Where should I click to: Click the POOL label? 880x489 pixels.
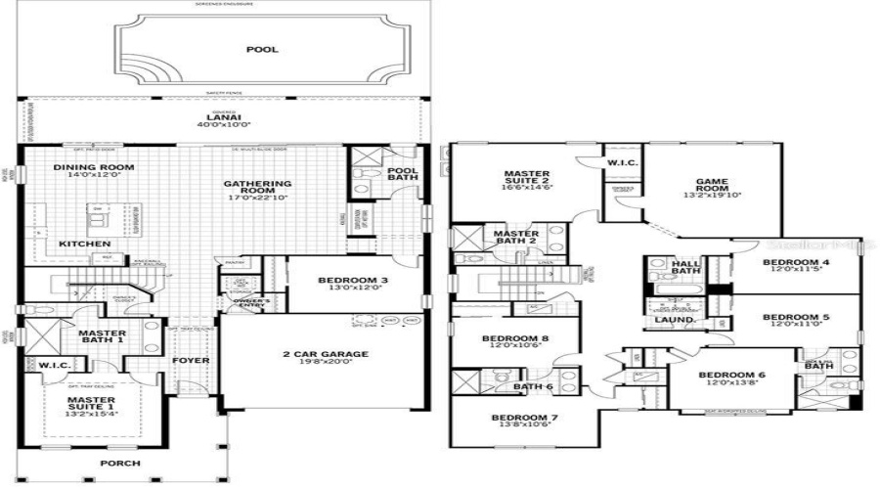click(261, 49)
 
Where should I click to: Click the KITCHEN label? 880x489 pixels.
click(82, 244)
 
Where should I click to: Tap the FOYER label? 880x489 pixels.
click(192, 360)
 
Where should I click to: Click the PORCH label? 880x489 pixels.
click(120, 463)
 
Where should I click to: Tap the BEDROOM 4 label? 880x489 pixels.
click(796, 263)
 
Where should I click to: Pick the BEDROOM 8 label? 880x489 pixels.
click(513, 339)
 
